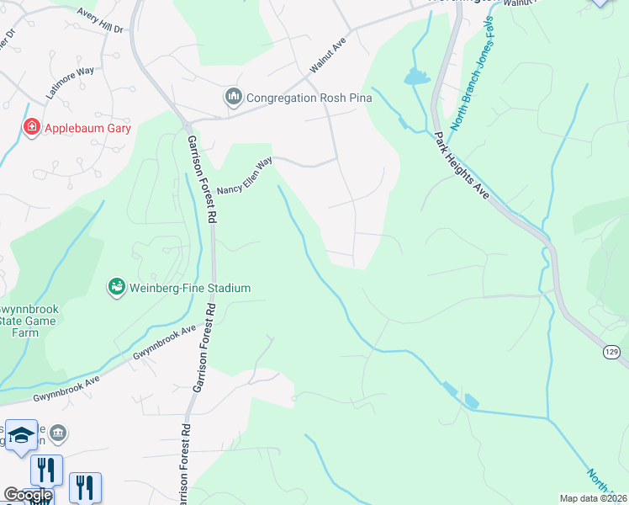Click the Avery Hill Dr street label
(x=100, y=21)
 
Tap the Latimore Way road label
(x=71, y=84)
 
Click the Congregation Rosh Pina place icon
(x=233, y=98)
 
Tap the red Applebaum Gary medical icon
(x=31, y=127)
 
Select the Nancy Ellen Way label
(x=245, y=178)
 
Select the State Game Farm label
(x=29, y=321)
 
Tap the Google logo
(x=28, y=495)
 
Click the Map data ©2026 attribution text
(x=592, y=498)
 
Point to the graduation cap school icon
(x=21, y=435)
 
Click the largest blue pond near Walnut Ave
(x=415, y=78)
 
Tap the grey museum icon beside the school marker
(x=58, y=433)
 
